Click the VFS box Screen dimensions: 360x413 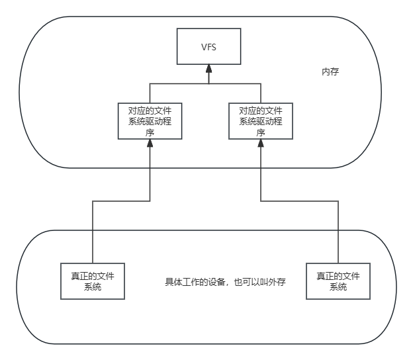208,46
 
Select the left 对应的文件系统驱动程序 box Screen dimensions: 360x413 150,120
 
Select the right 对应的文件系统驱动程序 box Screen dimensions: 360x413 261,120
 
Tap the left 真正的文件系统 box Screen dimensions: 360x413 93,281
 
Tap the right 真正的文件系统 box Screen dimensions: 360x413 338,281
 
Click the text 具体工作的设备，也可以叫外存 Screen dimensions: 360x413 225,283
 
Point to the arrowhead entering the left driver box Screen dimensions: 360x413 150,144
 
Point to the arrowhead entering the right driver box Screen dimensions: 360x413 261,144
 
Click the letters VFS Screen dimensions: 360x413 208,46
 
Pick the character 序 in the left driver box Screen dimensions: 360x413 150,132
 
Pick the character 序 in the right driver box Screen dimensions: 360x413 261,132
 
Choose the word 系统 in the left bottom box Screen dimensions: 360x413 93,287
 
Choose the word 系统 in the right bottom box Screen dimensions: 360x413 338,287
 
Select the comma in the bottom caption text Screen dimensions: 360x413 229,285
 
